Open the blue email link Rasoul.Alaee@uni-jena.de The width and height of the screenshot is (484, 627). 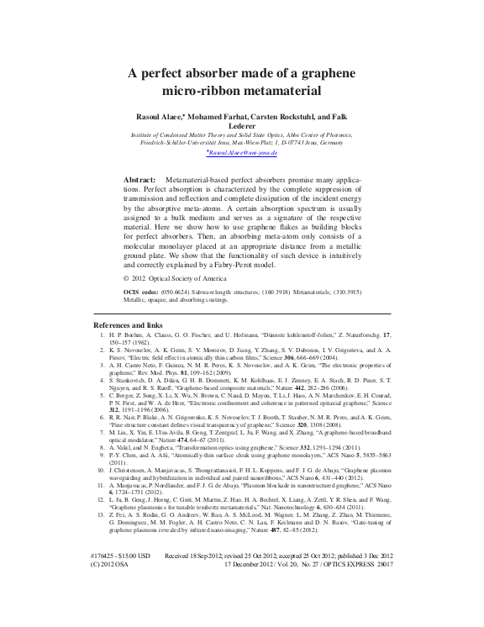coord(242,154)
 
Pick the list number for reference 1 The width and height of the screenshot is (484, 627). coord(101,335)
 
